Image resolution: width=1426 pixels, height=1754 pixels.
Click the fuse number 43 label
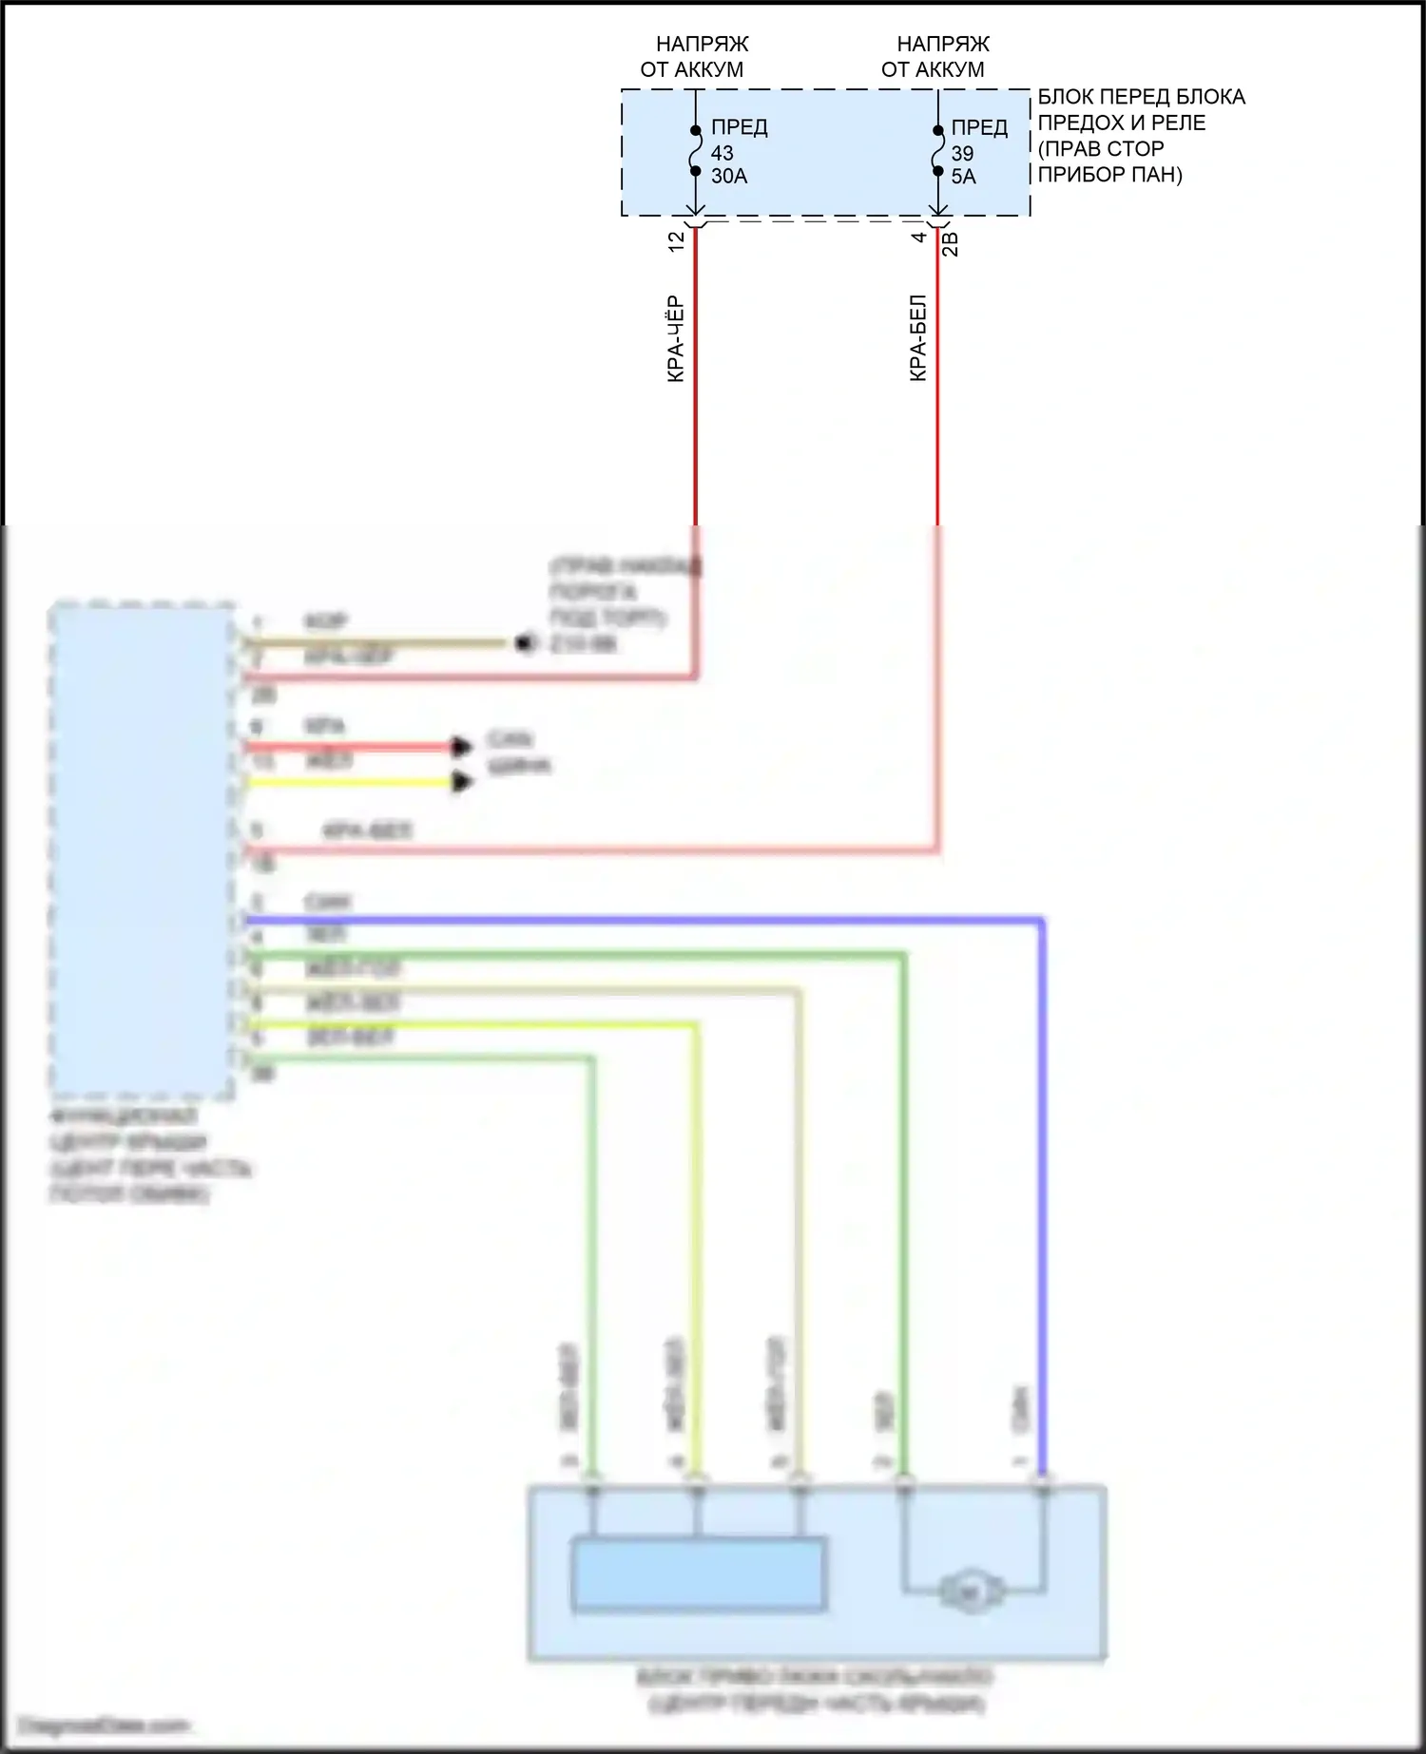(x=722, y=153)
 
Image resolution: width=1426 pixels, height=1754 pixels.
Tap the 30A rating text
(x=729, y=177)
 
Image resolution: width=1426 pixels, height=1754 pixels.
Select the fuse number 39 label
(x=962, y=153)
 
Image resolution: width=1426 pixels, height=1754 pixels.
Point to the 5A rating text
(x=963, y=177)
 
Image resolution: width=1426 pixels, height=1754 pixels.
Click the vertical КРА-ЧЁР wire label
(x=675, y=339)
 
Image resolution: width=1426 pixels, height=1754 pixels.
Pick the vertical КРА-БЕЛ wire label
(x=917, y=338)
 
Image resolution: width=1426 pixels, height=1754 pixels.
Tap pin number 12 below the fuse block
(x=676, y=241)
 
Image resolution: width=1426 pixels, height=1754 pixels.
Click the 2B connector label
(x=950, y=244)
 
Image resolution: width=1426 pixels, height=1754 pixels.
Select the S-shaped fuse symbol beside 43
(x=696, y=151)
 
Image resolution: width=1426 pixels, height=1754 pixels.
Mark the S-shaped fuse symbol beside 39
(x=938, y=151)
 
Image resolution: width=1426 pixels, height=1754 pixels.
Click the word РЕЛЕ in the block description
(x=1178, y=123)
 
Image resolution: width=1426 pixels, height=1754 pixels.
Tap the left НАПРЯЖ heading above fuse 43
(x=702, y=44)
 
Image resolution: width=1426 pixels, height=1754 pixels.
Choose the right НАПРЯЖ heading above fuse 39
(x=943, y=44)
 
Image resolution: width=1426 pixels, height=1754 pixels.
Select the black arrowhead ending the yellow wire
(x=463, y=782)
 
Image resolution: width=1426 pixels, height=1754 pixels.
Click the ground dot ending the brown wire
(x=523, y=643)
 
